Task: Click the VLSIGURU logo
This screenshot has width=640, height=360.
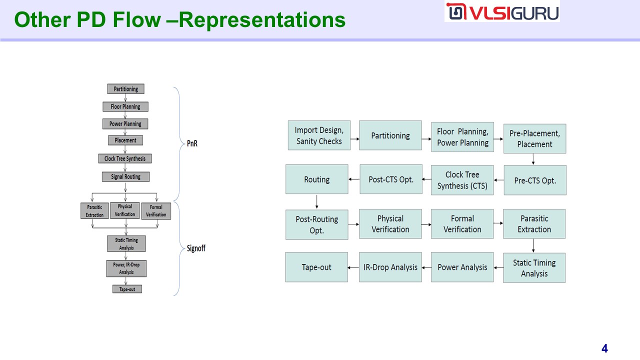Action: point(502,12)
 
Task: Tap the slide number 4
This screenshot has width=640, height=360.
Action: point(604,348)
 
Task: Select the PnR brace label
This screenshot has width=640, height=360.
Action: point(192,143)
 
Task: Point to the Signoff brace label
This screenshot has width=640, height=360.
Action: point(196,248)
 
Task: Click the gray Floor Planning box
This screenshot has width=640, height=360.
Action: point(125,106)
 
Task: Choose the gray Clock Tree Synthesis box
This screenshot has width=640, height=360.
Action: point(125,158)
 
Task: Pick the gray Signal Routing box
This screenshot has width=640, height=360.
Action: point(125,176)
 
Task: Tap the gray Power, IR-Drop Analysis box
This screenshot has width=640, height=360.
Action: point(126,268)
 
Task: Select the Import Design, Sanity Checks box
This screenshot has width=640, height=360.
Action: point(319,135)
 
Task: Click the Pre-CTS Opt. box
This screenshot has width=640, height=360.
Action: point(535,180)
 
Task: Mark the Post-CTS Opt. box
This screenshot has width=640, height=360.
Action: point(391,179)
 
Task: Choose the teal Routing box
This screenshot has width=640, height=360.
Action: point(317,179)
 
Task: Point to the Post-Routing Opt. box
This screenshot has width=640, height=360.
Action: point(317,224)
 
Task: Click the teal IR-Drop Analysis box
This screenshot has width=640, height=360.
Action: point(390,267)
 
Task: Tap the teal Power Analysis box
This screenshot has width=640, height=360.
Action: point(462,267)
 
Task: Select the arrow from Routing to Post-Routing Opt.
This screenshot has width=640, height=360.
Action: point(317,201)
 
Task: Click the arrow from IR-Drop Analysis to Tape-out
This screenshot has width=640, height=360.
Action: point(353,267)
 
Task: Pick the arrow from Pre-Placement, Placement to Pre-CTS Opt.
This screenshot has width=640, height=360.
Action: point(534,159)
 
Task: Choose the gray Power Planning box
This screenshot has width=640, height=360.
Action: point(125,123)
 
